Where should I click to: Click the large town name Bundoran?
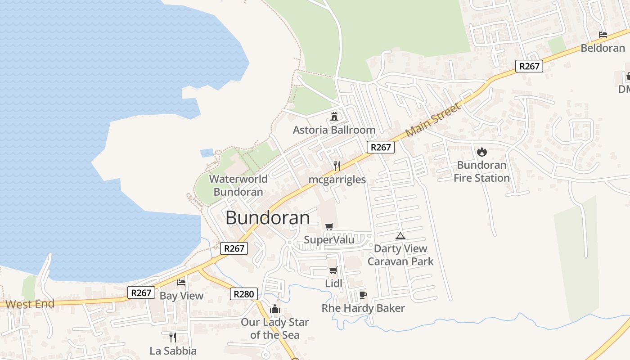[268, 218]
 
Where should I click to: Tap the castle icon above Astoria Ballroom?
[334, 117]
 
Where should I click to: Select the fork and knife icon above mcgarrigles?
[337, 166]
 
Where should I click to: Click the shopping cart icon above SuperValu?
[329, 226]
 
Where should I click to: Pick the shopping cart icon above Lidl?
[333, 270]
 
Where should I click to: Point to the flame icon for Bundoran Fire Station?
[481, 152]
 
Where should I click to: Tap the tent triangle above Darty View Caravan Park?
[400, 235]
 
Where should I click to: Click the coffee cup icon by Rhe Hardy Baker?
[363, 295]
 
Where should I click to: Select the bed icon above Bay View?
[181, 283]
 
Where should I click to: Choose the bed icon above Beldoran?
[603, 34]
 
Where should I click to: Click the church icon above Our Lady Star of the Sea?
[274, 309]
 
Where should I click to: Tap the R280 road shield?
[244, 294]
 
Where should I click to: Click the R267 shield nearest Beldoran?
[529, 66]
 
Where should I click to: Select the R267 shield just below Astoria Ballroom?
[380, 147]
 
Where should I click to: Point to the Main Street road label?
[433, 120]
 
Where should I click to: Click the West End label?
[30, 304]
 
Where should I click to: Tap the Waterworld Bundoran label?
[238, 185]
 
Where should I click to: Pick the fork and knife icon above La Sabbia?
[172, 337]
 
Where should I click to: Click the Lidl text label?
[333, 283]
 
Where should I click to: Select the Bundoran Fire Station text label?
[481, 171]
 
